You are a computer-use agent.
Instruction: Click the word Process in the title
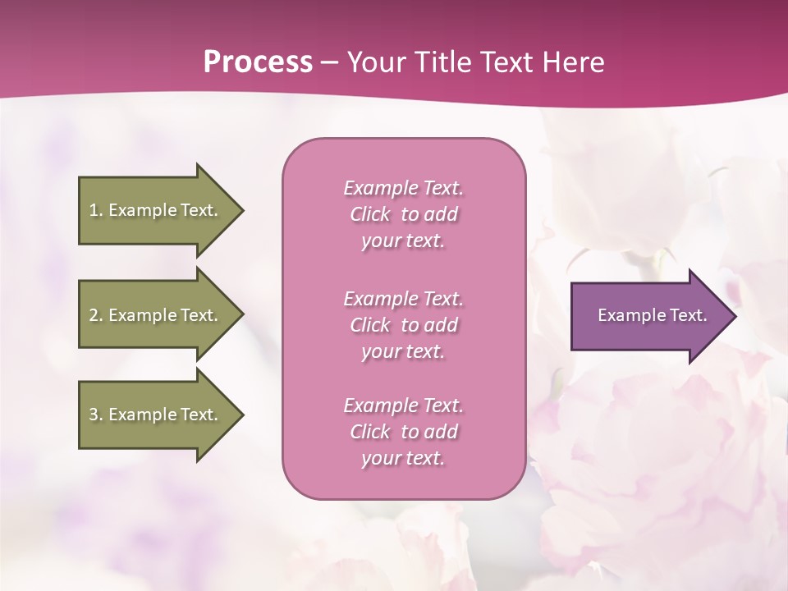coord(258,62)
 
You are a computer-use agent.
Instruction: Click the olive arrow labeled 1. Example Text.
coord(156,210)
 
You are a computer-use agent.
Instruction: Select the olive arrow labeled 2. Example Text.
coord(156,315)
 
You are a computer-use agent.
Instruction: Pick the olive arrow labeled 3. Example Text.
coord(156,415)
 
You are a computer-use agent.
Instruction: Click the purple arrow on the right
coord(648,316)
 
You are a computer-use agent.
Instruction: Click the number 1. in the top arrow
coord(96,210)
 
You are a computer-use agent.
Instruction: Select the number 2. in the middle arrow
coord(96,315)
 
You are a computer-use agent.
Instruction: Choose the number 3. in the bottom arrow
coord(96,415)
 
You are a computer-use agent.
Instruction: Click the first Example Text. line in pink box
coord(403,188)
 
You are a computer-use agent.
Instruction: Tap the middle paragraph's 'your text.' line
coord(403,351)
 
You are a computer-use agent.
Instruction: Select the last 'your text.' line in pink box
coord(403,458)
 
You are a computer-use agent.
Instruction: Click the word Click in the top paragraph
coord(370,214)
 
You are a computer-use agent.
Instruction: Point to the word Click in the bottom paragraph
coord(370,432)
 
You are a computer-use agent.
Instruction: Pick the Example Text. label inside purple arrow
coord(653,315)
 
